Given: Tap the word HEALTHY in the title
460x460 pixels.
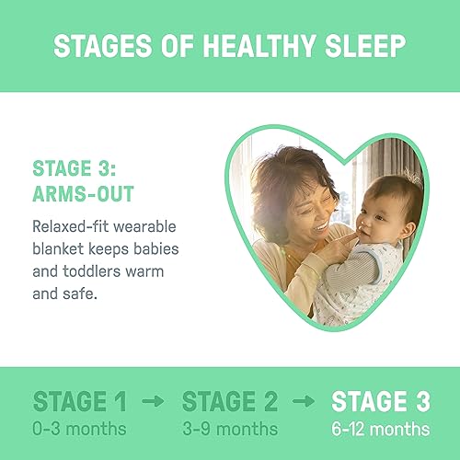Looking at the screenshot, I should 252,46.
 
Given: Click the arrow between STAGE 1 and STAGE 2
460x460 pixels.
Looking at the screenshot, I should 153,403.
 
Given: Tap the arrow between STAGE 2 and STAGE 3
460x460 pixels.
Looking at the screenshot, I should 303,403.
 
